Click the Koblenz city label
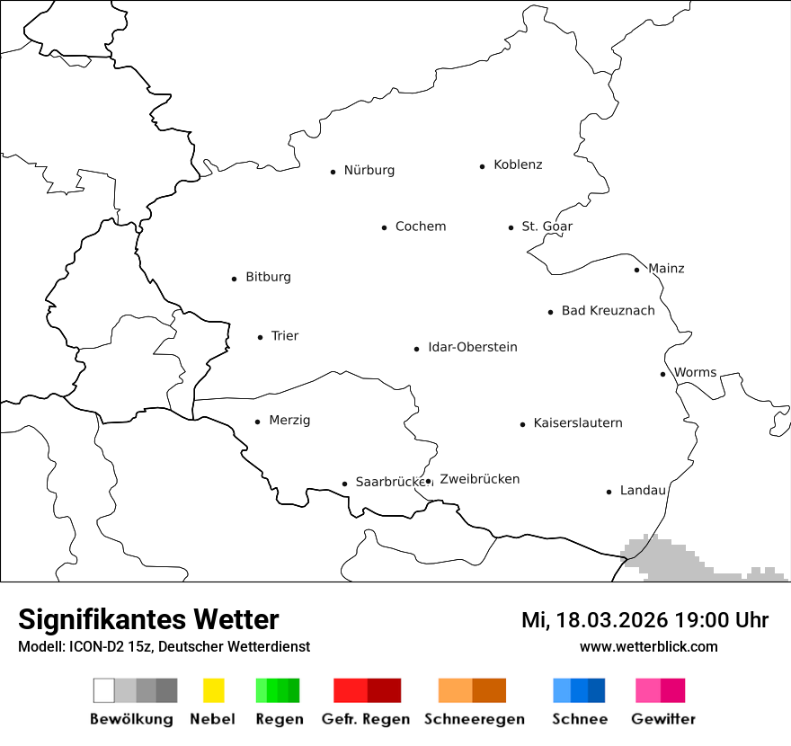click(518, 165)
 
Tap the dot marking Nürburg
click(333, 172)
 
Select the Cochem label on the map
click(421, 226)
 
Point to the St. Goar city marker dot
click(511, 227)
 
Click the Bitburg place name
click(268, 278)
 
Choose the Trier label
click(284, 336)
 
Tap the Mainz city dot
click(636, 270)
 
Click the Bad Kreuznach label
click(608, 311)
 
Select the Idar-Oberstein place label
click(473, 348)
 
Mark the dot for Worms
click(662, 374)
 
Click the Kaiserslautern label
click(577, 423)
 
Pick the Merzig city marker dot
click(257, 422)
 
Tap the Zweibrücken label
click(480, 480)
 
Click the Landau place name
click(643, 491)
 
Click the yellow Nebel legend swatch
click(213, 690)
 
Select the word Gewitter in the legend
click(663, 719)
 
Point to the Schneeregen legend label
click(475, 719)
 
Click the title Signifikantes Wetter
click(148, 620)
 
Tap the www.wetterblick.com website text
click(648, 647)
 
